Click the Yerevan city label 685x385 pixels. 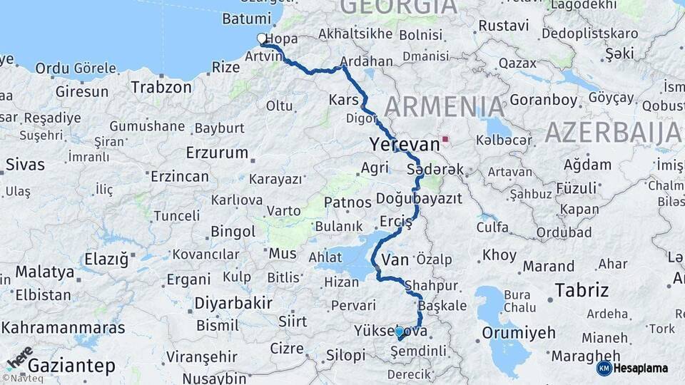(x=405, y=144)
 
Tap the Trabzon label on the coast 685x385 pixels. (x=161, y=87)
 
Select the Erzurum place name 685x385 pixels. (x=217, y=153)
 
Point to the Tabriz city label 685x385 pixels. (x=582, y=289)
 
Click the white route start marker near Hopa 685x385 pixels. (x=262, y=39)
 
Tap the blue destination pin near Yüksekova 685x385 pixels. (x=399, y=332)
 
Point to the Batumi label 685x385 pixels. (x=246, y=19)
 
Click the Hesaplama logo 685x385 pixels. (x=633, y=368)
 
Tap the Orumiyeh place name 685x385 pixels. (x=518, y=332)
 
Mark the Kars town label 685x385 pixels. (x=343, y=99)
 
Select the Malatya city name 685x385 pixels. (x=45, y=272)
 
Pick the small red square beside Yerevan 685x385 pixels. (x=445, y=139)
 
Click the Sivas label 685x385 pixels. (x=25, y=164)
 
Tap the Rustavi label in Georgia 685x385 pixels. (x=504, y=26)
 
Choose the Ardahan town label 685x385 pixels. (x=367, y=61)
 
